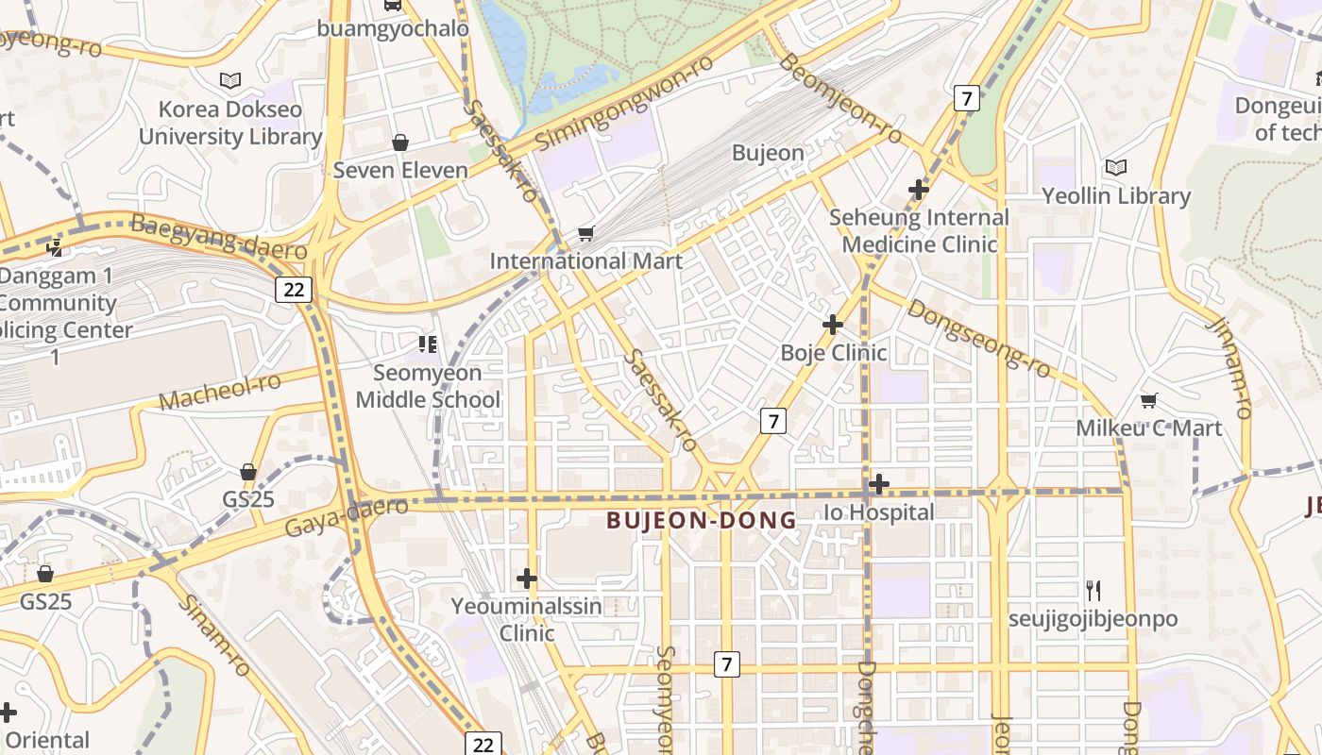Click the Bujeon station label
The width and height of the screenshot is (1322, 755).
[x=768, y=153]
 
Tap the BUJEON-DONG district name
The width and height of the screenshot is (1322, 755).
[x=701, y=520]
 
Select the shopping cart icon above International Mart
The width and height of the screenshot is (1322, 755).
[x=585, y=233]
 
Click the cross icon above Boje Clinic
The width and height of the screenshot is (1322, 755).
[x=832, y=325]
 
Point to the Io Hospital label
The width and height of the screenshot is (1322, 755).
[x=878, y=512]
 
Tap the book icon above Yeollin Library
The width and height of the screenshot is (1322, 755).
[x=1116, y=168]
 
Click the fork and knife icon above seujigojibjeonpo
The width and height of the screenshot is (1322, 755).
[x=1093, y=591]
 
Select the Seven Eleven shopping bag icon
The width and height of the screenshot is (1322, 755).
[x=400, y=143]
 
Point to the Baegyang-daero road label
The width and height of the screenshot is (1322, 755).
[x=219, y=237]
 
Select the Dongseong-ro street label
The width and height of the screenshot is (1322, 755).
[x=979, y=339]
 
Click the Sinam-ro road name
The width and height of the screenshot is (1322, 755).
[x=215, y=635]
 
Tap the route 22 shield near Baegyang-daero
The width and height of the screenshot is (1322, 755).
[x=294, y=289]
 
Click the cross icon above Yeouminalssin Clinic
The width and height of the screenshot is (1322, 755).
[x=527, y=578]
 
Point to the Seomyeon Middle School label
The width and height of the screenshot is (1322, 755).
[x=428, y=386]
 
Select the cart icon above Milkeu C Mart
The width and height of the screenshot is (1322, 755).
[x=1148, y=401]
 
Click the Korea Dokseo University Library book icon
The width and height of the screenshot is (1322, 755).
[x=230, y=81]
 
